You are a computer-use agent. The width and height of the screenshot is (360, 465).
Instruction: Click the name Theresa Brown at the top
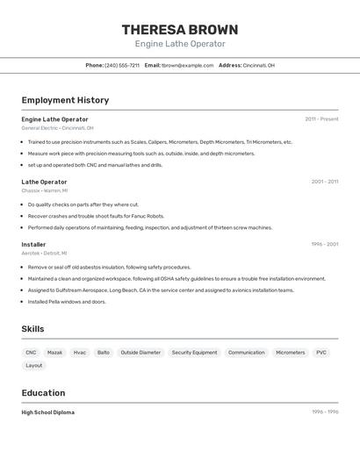tap(180, 30)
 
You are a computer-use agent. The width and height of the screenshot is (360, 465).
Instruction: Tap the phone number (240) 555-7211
tap(122, 65)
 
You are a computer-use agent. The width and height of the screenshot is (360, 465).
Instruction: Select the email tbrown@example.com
tap(187, 65)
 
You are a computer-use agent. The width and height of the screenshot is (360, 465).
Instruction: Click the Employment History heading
tap(65, 100)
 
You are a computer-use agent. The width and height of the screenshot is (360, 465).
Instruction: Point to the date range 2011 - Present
tap(321, 119)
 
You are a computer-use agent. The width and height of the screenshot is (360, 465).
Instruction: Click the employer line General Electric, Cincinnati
tap(57, 128)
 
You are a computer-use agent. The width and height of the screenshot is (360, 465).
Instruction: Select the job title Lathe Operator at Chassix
tap(44, 182)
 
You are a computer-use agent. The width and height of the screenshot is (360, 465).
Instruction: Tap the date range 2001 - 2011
tap(324, 182)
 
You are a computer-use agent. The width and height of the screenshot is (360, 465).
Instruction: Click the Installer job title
tap(33, 244)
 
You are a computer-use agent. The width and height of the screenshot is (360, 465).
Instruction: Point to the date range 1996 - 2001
tap(324, 244)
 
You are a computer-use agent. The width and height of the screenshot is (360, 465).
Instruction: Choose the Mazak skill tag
tap(55, 352)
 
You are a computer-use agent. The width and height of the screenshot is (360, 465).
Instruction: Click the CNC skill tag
tap(31, 352)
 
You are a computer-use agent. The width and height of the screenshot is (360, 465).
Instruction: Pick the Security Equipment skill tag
tap(194, 352)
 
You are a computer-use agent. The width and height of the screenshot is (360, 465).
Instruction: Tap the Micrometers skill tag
tap(291, 352)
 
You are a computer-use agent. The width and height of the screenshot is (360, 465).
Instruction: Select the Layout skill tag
tap(34, 365)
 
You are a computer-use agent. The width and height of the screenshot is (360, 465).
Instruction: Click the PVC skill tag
tap(321, 352)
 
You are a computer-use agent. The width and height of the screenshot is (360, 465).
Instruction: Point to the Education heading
tap(43, 392)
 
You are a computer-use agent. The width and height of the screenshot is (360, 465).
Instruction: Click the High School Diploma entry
tap(48, 411)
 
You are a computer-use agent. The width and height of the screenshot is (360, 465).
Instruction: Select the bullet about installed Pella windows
tap(67, 302)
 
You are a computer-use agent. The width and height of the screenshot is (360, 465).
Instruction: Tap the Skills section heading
tap(32, 329)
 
